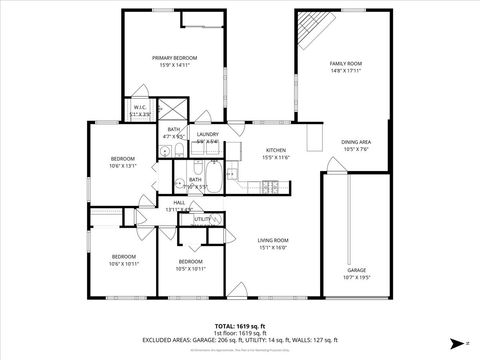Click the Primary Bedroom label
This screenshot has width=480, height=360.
pyautogui.click(x=175, y=59)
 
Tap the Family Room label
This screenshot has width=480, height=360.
pyautogui.click(x=346, y=64)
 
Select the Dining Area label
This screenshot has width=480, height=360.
pyautogui.click(x=357, y=142)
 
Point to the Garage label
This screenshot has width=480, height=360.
pyautogui.click(x=356, y=270)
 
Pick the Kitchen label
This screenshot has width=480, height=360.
pyautogui.click(x=275, y=150)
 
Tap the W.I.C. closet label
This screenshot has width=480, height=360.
pyautogui.click(x=140, y=108)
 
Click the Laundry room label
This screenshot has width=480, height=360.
pyautogui.click(x=208, y=134)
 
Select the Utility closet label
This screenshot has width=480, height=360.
pyautogui.click(x=202, y=218)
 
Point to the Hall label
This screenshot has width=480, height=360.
pyautogui.click(x=179, y=203)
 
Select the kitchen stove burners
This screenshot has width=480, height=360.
pyautogui.click(x=270, y=186)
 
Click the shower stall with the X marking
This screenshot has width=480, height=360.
pyautogui.click(x=174, y=109)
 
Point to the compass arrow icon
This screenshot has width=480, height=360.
pyautogui.click(x=456, y=342)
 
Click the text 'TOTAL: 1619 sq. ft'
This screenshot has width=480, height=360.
pyautogui.click(x=239, y=326)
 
